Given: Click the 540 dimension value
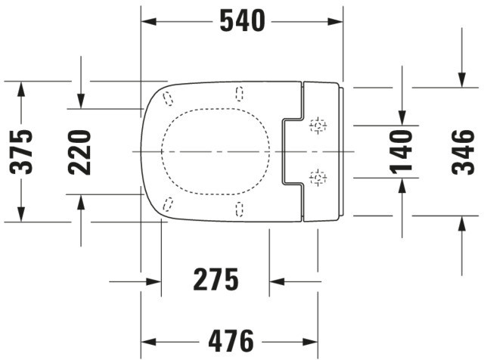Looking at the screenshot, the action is (242, 20).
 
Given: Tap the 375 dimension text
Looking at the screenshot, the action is (21, 152).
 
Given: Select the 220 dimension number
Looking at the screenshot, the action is (79, 152).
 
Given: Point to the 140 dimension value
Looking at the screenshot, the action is (401, 152).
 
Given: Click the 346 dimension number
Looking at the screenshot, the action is (463, 152).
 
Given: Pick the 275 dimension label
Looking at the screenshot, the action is (216, 279).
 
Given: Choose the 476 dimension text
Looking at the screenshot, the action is (231, 341).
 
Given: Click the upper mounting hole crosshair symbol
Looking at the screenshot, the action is (318, 126).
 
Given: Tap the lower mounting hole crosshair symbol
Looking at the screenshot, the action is (318, 178).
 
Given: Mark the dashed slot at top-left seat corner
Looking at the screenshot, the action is (168, 98).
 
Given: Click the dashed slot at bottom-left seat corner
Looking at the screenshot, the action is (168, 205).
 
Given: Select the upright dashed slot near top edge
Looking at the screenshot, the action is (239, 94).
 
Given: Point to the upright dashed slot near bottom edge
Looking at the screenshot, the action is (239, 209).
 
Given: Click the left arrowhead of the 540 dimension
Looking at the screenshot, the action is (148, 22).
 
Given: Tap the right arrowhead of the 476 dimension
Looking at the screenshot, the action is (311, 342).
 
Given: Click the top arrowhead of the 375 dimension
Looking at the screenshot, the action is (21, 89).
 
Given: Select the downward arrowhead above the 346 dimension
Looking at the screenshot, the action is (462, 79).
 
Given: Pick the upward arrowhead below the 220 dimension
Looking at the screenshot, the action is (81, 202).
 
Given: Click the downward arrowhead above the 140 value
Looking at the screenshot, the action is (402, 118).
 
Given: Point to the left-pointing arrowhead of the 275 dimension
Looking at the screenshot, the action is (277, 281).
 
